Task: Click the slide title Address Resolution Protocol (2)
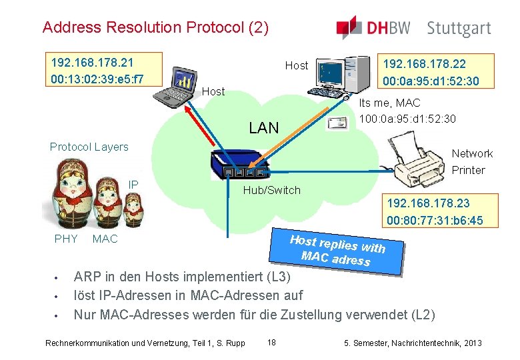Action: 155,28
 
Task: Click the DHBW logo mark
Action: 349,27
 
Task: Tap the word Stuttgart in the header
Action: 459,29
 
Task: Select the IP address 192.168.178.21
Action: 92,63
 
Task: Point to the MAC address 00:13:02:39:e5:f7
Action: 97,79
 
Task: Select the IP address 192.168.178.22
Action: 423,65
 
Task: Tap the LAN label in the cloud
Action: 263,128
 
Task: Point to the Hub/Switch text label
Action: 272,191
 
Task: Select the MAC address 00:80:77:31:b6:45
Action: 435,221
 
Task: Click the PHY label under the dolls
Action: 66,239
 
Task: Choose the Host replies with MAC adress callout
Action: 339,250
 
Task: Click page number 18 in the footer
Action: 271,343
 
